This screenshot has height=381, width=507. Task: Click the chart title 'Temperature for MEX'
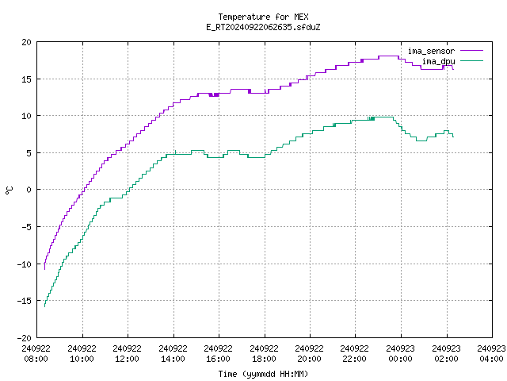(263, 17)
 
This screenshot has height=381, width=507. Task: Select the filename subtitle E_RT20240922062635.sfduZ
(263, 27)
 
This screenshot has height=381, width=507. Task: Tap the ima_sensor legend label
(431, 51)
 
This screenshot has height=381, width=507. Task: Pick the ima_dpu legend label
(438, 61)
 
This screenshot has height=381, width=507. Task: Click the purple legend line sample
(472, 51)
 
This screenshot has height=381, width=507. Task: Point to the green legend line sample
(472, 60)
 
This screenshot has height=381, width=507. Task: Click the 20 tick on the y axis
(26, 42)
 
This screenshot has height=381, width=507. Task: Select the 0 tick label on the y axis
(29, 190)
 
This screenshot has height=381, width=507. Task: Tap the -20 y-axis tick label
(25, 337)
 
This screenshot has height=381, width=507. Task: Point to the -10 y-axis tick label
(25, 264)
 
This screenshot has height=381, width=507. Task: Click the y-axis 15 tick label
(26, 79)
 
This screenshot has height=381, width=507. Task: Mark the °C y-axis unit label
(9, 190)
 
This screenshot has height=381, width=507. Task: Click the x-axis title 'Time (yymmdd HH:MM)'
(263, 374)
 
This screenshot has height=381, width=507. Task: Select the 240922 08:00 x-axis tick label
(36, 353)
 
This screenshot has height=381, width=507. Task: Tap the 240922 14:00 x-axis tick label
(173, 353)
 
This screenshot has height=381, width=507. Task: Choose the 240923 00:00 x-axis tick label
(401, 353)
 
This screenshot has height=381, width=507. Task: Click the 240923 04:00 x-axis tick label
(491, 353)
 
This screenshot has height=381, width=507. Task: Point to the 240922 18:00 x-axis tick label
(264, 353)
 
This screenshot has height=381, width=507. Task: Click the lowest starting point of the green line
(44, 306)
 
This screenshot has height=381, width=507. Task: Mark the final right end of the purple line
(453, 69)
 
